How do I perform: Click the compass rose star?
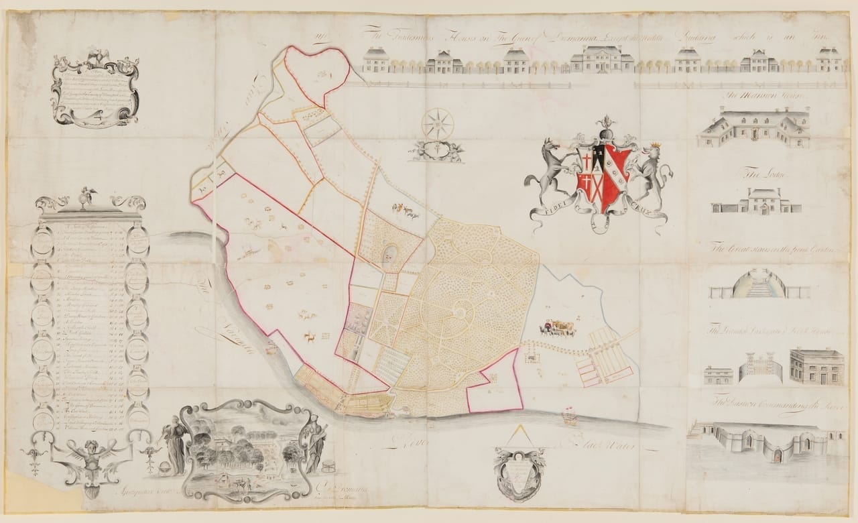tap(438, 124)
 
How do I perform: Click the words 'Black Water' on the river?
tap(600, 443)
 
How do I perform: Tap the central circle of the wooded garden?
tap(461, 310)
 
